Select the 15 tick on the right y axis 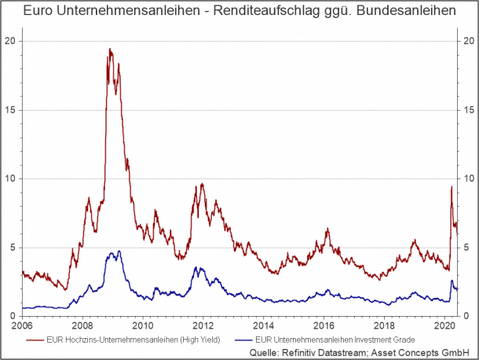468,109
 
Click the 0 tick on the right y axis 466,316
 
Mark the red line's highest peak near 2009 110,49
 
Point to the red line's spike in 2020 451,186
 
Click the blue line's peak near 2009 119,252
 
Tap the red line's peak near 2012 202,184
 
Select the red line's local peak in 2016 327,229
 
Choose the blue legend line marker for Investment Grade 239,340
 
